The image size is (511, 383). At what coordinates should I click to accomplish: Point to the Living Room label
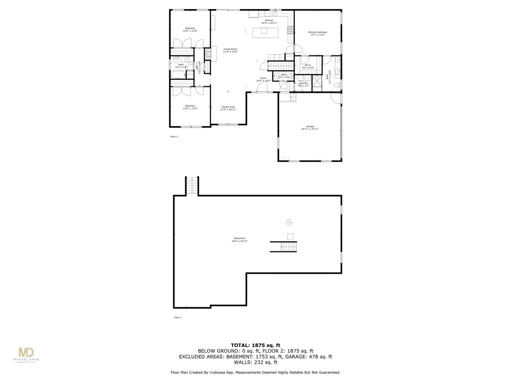tap(230, 50)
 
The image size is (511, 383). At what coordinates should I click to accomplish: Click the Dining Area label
tap(228, 108)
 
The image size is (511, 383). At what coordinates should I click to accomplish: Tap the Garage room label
tap(310, 128)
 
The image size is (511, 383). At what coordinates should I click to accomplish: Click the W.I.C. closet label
tap(309, 66)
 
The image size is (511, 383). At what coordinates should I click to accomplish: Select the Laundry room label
tap(303, 84)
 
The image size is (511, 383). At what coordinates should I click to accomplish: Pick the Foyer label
tap(263, 79)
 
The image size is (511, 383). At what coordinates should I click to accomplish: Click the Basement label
tap(240, 239)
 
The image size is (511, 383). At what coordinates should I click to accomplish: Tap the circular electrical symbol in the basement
tap(288, 222)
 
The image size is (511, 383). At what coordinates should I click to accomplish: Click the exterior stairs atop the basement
tap(192, 186)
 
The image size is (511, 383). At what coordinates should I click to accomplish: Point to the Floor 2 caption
tap(174, 136)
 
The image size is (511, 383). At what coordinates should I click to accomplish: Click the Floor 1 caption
tap(178, 317)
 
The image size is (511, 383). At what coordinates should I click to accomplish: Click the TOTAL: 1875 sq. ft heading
tap(255, 345)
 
